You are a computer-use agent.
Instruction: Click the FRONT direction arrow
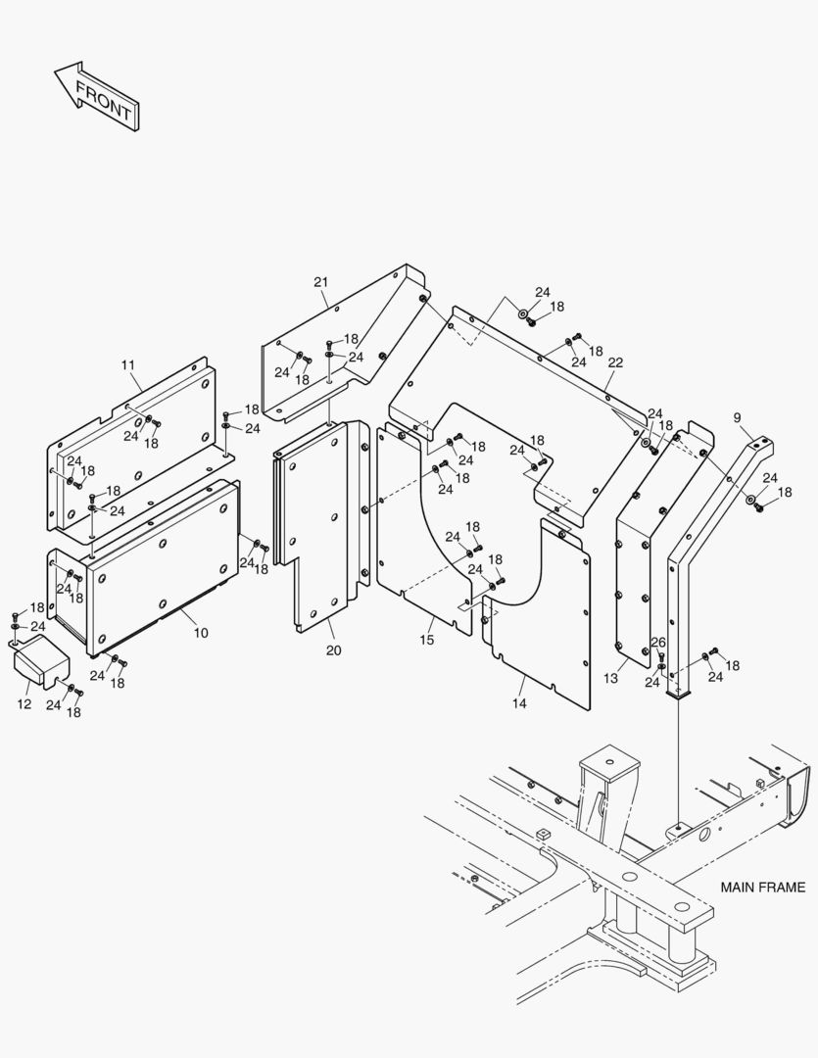pyautogui.click(x=97, y=95)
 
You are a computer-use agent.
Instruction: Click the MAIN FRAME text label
pyautogui.click(x=762, y=888)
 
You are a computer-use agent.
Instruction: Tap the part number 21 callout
pyautogui.click(x=320, y=283)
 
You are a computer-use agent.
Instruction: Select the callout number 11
pyautogui.click(x=128, y=365)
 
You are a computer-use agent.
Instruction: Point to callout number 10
pyautogui.click(x=201, y=633)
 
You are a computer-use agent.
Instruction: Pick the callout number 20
pyautogui.click(x=333, y=649)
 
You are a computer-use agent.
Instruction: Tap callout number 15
pyautogui.click(x=427, y=640)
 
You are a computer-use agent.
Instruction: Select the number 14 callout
pyautogui.click(x=519, y=703)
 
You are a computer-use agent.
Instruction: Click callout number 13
pyautogui.click(x=610, y=677)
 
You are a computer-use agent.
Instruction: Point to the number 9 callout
pyautogui.click(x=737, y=417)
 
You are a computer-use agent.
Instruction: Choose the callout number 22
pyautogui.click(x=615, y=362)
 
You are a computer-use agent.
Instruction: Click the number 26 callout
pyautogui.click(x=658, y=643)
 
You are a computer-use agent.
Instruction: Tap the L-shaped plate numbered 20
pyautogui.click(x=313, y=529)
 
